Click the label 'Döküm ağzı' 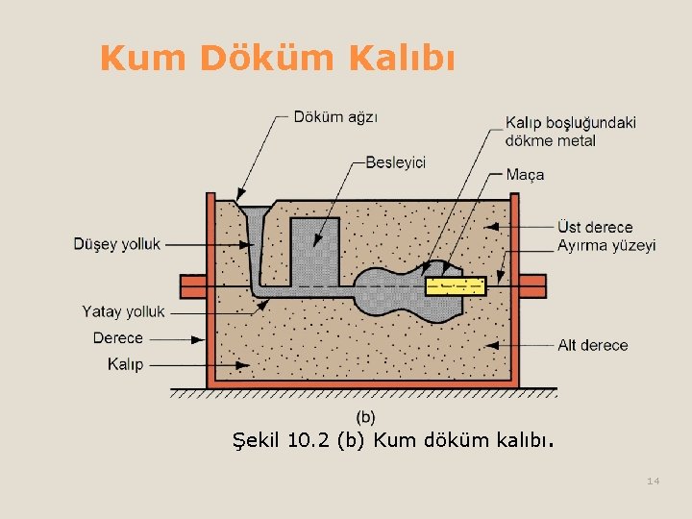pyautogui.click(x=335, y=117)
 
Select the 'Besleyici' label pyautogui.click(x=395, y=162)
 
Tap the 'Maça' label pyautogui.click(x=525, y=175)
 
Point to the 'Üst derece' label pyautogui.click(x=595, y=228)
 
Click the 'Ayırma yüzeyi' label pyautogui.click(x=606, y=245)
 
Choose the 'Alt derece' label pyautogui.click(x=593, y=345)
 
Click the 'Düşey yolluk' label pyautogui.click(x=117, y=244)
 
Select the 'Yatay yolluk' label pyautogui.click(x=124, y=311)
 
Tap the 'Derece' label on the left pyautogui.click(x=117, y=338)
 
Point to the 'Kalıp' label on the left pyautogui.click(x=125, y=364)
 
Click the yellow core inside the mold pyautogui.click(x=457, y=285)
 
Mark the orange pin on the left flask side pyautogui.click(x=193, y=285)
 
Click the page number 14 pyautogui.click(x=654, y=481)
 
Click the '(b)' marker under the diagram pyautogui.click(x=366, y=416)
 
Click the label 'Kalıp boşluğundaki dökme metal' pyautogui.click(x=570, y=132)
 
